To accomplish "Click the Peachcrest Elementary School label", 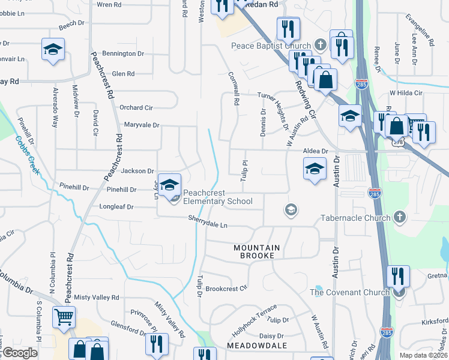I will [218, 197].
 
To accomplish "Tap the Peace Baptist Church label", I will [271, 46].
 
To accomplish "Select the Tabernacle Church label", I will [355, 217].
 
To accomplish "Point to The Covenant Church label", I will [351, 292].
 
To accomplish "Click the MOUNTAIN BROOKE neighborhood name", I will [257, 251].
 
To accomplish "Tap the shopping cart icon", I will [64, 317].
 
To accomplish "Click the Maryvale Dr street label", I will [142, 125].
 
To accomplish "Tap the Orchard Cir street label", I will [136, 107].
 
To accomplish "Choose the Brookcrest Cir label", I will [226, 288].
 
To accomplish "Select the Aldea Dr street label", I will [316, 151].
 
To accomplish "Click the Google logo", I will [19, 353].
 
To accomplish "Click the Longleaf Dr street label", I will [116, 207].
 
